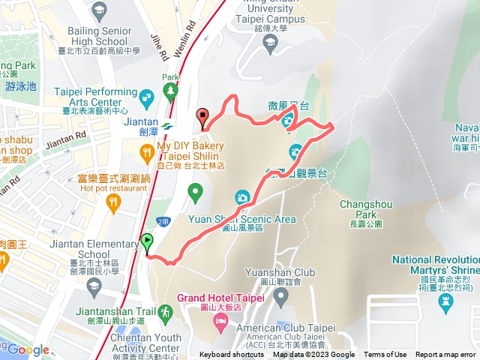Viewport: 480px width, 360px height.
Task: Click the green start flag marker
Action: (x=147, y=242)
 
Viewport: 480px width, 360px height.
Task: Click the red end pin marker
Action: (x=202, y=116)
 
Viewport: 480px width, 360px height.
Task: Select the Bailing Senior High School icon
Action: (x=98, y=10)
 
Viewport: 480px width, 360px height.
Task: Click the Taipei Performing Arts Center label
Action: (x=87, y=96)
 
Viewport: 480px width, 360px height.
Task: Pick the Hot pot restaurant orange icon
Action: (x=113, y=201)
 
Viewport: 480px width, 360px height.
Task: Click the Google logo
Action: (x=28, y=349)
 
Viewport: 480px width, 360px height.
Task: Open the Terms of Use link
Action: (x=385, y=355)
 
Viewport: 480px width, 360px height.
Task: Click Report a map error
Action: (x=445, y=355)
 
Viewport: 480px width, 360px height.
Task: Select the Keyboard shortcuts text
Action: (x=232, y=355)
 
